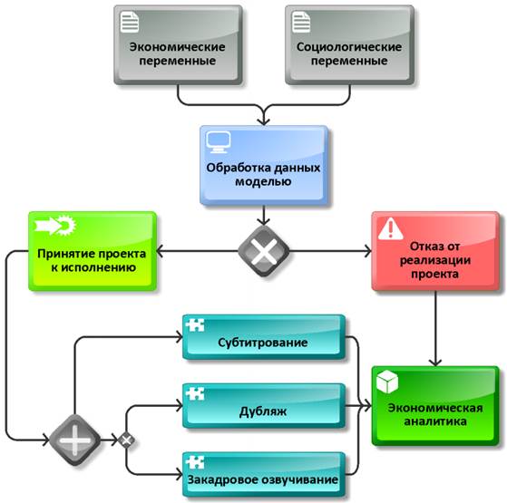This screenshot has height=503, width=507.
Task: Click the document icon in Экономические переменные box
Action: [130, 22]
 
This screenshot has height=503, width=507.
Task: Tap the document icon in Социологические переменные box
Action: [301, 22]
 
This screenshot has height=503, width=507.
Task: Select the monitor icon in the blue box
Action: [219, 142]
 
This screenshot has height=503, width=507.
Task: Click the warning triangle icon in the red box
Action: [391, 228]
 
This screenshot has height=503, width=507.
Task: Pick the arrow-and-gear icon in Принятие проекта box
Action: [55, 224]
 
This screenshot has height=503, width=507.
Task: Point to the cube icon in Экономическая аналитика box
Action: [387, 382]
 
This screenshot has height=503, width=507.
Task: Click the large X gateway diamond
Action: [264, 251]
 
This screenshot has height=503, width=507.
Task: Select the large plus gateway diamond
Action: [74, 440]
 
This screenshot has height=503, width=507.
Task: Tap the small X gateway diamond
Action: [126, 440]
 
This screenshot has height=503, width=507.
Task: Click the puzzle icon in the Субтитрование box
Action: [195, 324]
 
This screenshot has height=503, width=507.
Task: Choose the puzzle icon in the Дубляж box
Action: [195, 393]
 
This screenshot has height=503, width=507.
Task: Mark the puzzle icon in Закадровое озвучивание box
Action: [195, 462]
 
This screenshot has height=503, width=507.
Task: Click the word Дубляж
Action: [263, 411]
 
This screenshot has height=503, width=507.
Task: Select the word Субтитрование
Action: [262, 342]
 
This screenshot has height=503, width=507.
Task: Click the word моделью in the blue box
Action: [263, 181]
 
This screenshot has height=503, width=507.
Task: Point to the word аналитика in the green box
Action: [435, 421]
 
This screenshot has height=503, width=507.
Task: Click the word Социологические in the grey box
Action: [349, 47]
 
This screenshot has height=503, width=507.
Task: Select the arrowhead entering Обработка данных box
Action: [264, 121]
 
